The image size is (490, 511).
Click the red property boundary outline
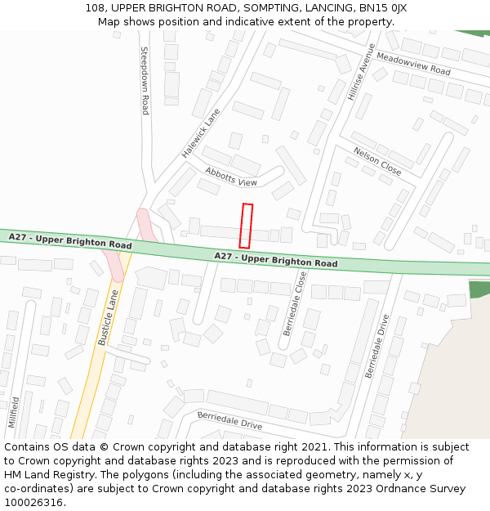[246, 226]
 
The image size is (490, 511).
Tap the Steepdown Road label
[145, 80]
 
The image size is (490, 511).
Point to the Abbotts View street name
[231, 177]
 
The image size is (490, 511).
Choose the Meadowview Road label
[413, 65]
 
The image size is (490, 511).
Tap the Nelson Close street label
[377, 161]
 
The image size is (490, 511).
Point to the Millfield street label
[14, 413]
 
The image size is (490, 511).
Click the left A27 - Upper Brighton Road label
[70, 240]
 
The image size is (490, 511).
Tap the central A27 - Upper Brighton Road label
[276, 260]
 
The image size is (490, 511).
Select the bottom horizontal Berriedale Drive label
[229, 420]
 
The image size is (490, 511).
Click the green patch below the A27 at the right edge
[479, 289]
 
